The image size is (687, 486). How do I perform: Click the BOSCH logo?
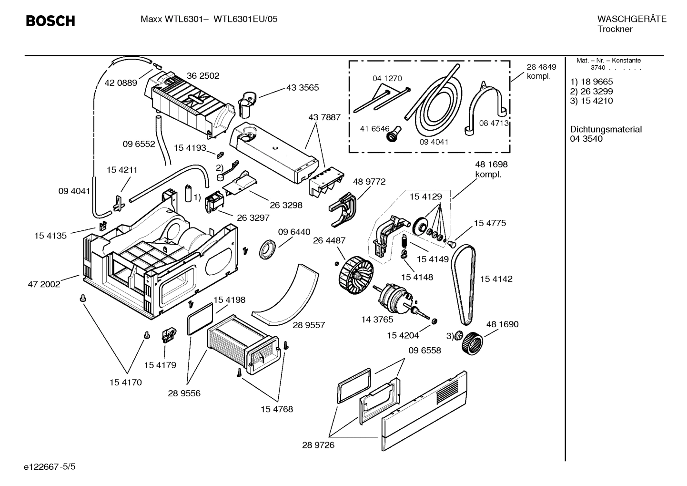tap(50, 21)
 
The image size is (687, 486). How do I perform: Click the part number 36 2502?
tap(203, 76)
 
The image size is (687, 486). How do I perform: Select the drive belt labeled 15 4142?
tap(464, 281)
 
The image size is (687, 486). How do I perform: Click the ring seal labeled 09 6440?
tap(268, 250)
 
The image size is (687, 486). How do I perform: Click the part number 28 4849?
tap(541, 67)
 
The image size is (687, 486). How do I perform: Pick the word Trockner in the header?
tap(615, 29)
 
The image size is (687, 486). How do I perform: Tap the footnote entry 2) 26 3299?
tap(591, 92)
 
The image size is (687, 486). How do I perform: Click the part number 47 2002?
tap(44, 284)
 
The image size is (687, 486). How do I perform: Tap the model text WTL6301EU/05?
tap(245, 19)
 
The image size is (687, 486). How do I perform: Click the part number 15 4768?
tap(276, 409)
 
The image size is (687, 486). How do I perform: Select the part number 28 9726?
tap(318, 445)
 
